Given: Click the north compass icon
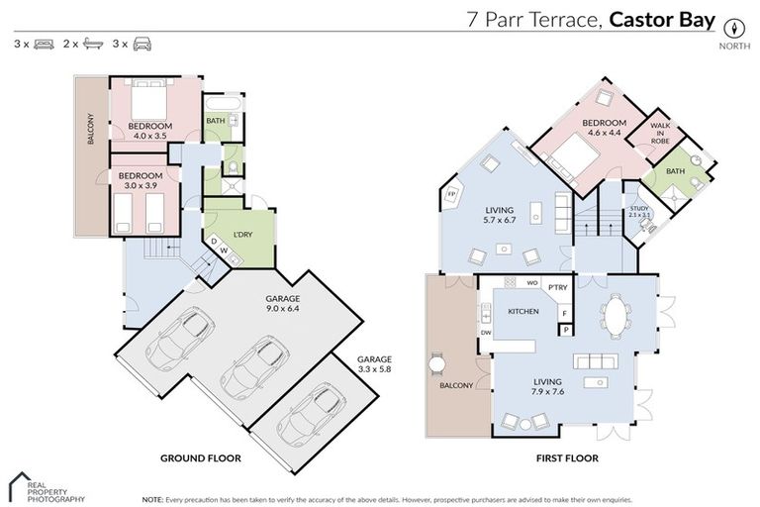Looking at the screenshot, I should [x=733, y=27].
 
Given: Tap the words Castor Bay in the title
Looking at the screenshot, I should [x=661, y=19].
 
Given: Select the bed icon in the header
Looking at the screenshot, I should [x=44, y=45].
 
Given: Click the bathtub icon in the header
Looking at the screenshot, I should [x=93, y=45].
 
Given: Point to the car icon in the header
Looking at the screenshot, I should [x=143, y=45].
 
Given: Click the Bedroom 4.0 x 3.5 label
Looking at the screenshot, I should [x=150, y=132].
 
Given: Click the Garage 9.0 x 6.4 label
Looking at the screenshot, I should [x=282, y=303].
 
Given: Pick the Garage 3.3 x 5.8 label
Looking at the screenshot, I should [x=375, y=364].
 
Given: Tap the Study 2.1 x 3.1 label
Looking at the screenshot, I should [x=640, y=212].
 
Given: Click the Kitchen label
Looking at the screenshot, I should [x=522, y=311].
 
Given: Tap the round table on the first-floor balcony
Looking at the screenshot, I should [x=436, y=363].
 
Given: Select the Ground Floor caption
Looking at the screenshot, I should [x=200, y=459].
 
